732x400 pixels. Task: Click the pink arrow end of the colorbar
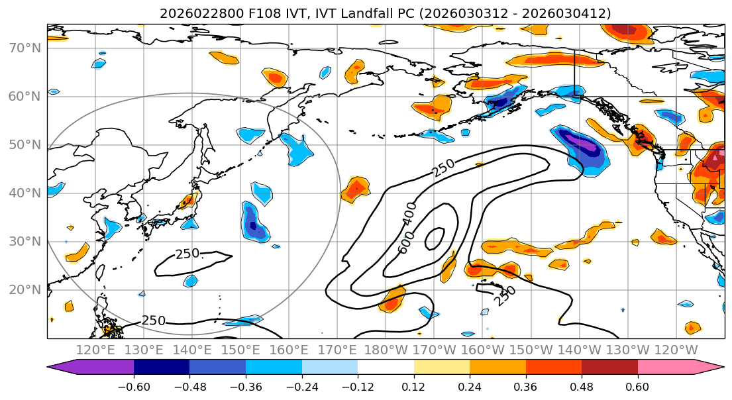click(712, 368)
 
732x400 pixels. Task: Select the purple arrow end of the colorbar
click(63, 368)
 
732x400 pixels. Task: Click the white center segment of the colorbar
click(386, 368)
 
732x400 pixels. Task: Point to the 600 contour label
click(406, 242)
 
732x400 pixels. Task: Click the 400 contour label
click(410, 213)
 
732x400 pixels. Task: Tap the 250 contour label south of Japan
click(187, 254)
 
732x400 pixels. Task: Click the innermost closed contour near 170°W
click(435, 238)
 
